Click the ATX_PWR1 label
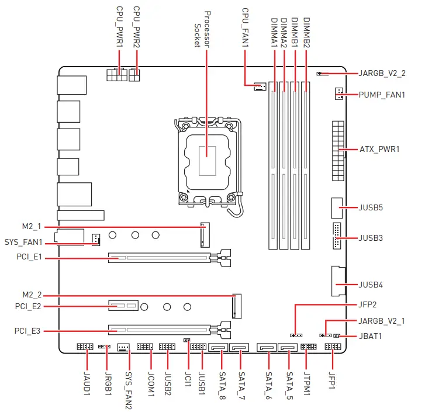[x=379, y=150]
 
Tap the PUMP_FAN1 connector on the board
[x=338, y=93]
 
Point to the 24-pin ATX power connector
[x=337, y=151]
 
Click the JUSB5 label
[x=371, y=207]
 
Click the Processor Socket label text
[x=201, y=29]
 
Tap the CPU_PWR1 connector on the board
[x=117, y=76]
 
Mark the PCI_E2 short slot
[x=123, y=306]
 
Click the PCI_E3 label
[x=27, y=331]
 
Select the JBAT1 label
[x=370, y=337]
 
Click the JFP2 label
[x=369, y=304]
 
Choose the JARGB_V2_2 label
[x=382, y=74]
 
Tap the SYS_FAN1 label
[x=24, y=241]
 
